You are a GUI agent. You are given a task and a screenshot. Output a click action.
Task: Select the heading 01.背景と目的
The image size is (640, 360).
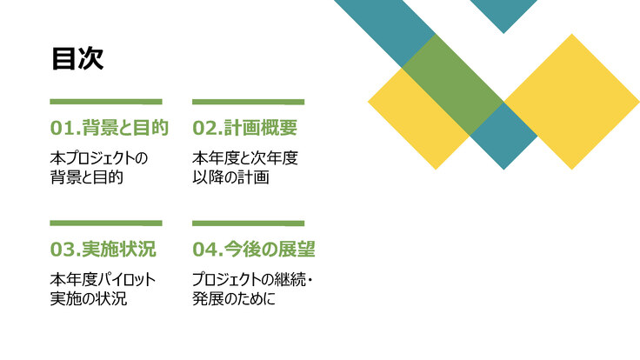[x=109, y=128]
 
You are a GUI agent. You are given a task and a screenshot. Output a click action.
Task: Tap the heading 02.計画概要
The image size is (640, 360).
[x=245, y=128]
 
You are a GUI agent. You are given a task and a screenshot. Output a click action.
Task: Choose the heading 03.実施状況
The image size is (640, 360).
[x=103, y=250]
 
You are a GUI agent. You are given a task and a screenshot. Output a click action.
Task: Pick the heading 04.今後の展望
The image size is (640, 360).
[x=254, y=250]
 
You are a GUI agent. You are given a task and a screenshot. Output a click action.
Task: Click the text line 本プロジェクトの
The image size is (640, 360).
[x=99, y=158]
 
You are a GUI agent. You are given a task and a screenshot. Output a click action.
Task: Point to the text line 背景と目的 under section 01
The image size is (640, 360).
[x=86, y=177]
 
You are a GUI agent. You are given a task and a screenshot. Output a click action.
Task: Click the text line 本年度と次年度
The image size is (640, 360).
[x=245, y=158]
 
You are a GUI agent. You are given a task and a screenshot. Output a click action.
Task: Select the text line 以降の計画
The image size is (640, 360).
[x=230, y=177]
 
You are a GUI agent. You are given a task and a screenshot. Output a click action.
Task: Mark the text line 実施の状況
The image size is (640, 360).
[x=89, y=299]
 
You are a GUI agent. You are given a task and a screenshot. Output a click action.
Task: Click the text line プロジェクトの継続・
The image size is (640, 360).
[x=252, y=280]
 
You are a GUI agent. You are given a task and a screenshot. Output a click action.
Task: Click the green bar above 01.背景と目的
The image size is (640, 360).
[x=106, y=102]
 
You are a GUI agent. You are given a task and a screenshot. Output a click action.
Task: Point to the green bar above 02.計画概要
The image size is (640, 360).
[x=248, y=102]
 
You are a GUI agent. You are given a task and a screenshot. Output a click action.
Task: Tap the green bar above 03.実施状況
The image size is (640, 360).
[x=106, y=223]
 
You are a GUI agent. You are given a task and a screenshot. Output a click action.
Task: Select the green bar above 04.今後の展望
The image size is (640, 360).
[x=248, y=223]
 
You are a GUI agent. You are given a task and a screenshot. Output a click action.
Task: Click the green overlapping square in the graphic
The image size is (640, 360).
[x=452, y=84]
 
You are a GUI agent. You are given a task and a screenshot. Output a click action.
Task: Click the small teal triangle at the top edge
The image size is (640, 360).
[x=503, y=12]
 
